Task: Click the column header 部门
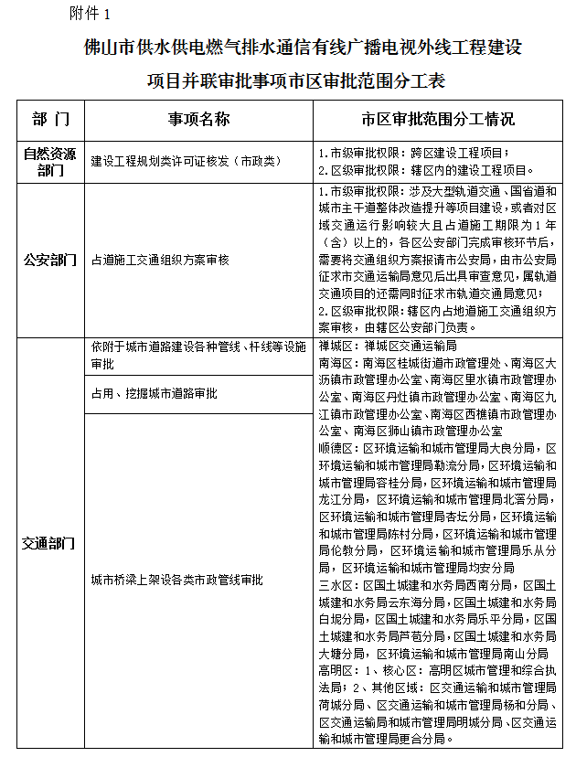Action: click(50, 120)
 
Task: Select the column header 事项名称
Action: click(197, 120)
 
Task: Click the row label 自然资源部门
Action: click(50, 161)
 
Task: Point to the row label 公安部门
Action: click(50, 261)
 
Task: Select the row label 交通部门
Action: click(50, 543)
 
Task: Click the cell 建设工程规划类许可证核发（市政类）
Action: click(186, 161)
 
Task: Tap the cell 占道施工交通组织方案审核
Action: click(160, 261)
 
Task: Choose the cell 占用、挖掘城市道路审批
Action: click(154, 393)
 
